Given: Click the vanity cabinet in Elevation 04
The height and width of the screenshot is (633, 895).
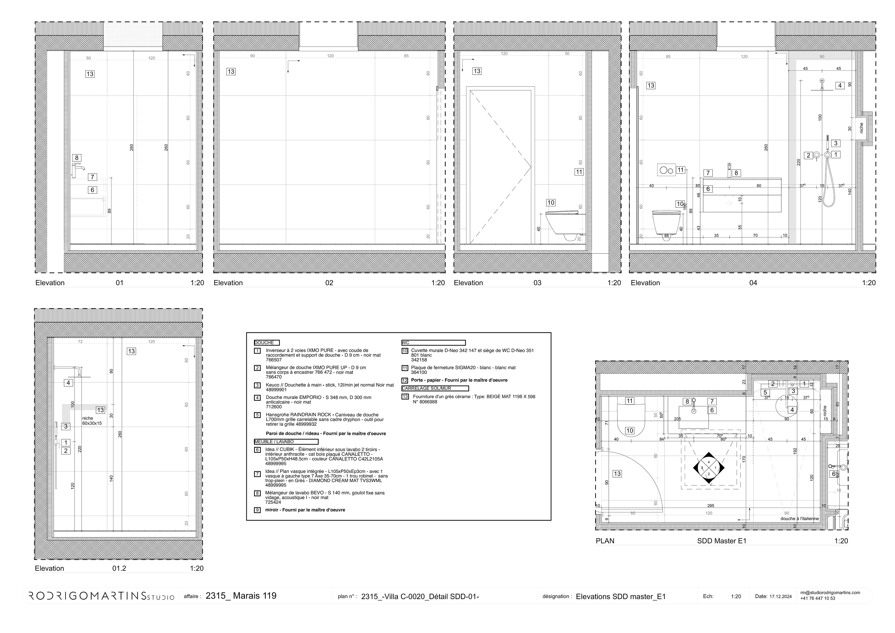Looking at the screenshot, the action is click(x=742, y=195).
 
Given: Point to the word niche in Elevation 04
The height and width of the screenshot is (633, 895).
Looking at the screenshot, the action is click(x=861, y=128).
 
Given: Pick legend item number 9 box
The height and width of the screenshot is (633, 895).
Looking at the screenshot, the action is click(x=257, y=510).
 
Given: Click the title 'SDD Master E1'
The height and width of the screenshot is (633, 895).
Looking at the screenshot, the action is click(x=722, y=541).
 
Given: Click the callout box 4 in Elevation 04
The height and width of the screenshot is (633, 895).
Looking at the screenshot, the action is click(x=840, y=85).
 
